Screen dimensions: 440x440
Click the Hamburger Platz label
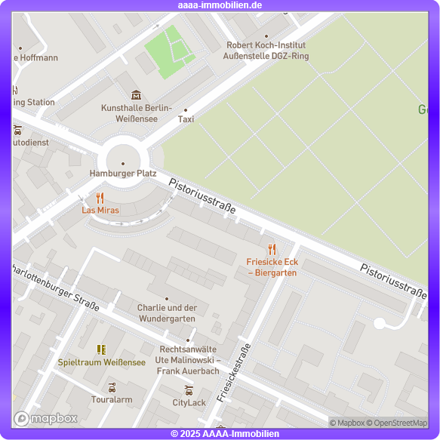pos(123,174)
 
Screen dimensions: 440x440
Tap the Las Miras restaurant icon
pos(100,198)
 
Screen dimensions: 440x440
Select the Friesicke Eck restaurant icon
pos(272,249)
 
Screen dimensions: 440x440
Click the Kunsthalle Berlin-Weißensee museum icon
pos(136,95)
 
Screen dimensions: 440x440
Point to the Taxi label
pos(186,119)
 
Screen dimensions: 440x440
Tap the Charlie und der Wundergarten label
pos(167,313)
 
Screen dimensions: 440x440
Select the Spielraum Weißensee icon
pos(101,349)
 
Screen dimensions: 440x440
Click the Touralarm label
pos(112,399)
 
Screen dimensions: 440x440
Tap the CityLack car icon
pos(189,390)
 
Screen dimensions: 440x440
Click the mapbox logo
pos(46,418)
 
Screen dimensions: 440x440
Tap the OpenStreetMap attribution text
pos(400,423)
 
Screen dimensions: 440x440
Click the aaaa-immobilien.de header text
pos(220,5)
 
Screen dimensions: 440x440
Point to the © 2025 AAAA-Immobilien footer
pos(225,434)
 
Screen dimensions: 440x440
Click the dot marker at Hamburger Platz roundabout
pos(123,163)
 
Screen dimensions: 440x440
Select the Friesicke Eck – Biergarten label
pos(272,267)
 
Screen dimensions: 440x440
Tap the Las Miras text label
pos(100,210)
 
